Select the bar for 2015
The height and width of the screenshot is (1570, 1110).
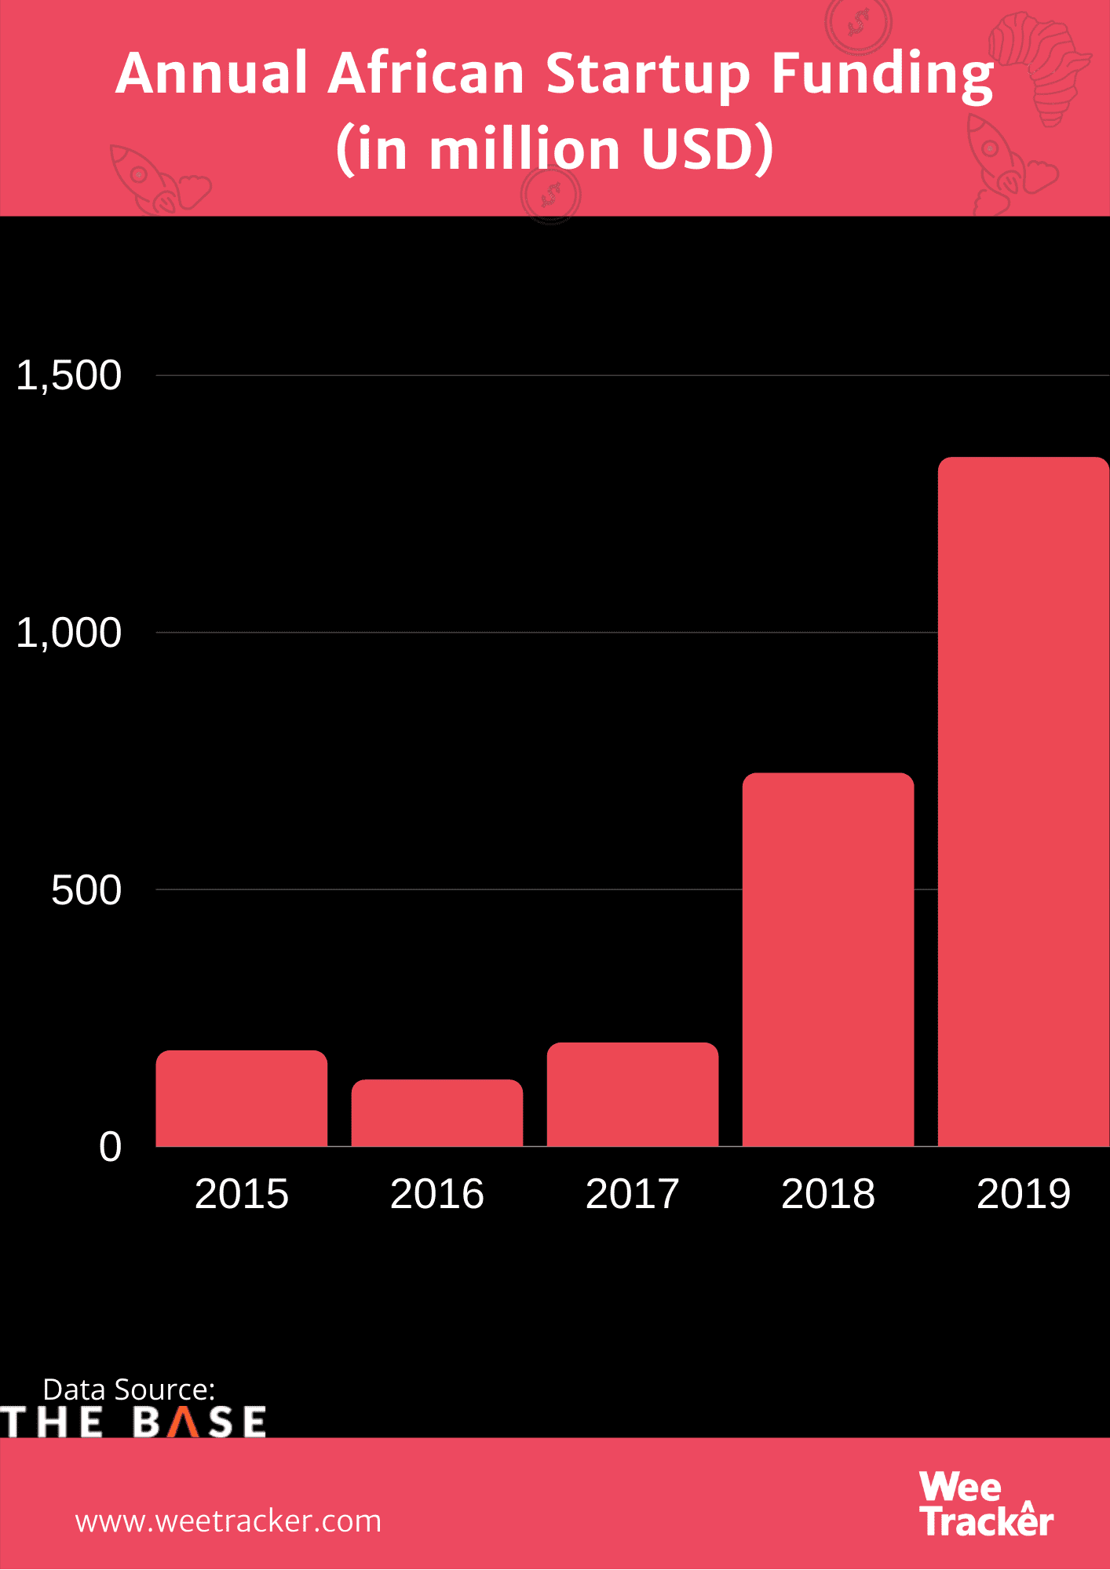coord(241,1098)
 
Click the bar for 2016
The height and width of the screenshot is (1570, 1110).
coord(436,1113)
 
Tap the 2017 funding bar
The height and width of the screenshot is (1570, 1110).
coord(632,1094)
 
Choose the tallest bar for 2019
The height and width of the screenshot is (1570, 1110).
coord(1023,801)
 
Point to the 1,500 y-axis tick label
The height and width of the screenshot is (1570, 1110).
coord(69,375)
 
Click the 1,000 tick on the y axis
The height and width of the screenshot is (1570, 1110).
coord(69,633)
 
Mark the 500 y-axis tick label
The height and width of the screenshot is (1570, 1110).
coord(86,890)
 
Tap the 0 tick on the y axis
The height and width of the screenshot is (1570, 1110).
coord(110,1147)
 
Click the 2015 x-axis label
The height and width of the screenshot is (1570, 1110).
coord(241,1194)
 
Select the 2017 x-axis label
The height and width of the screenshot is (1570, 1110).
coord(632,1194)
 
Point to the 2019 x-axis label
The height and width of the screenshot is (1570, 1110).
coord(1023,1194)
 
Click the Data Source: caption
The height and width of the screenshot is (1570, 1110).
coord(129,1389)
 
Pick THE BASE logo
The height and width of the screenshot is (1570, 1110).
coord(133,1422)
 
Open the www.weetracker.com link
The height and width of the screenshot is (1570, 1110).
coord(228,1521)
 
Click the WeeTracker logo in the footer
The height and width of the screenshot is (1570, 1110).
coord(985,1504)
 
